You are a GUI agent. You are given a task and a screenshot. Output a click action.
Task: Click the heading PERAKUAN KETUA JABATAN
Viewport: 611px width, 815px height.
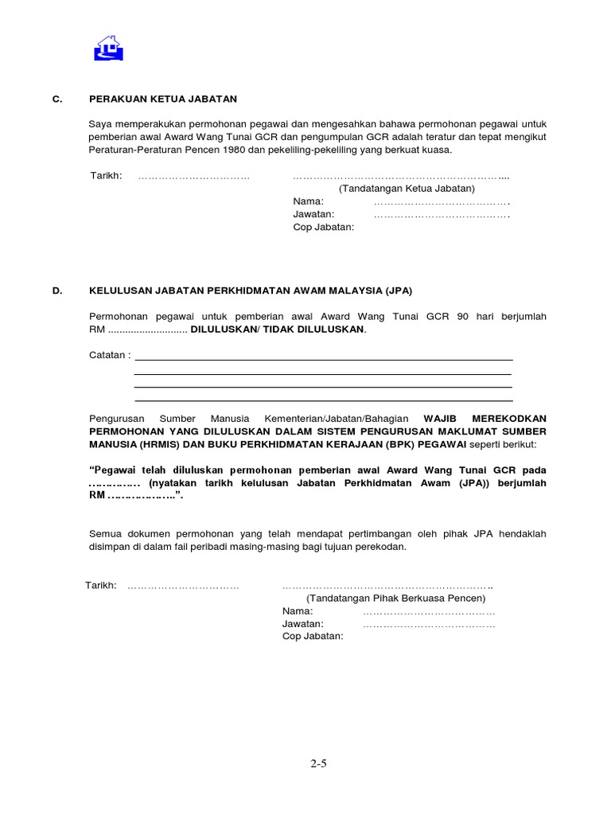(163, 99)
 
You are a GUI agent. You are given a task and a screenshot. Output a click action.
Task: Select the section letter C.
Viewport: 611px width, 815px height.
(56, 99)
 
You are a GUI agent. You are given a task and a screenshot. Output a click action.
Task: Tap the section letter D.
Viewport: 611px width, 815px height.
(56, 291)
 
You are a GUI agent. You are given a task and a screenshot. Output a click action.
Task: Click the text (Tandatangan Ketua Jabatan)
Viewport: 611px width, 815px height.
(406, 189)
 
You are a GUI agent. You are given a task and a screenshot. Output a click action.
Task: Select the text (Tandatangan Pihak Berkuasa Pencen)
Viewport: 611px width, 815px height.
(395, 598)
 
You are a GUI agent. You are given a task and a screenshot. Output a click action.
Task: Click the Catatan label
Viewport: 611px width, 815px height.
(109, 355)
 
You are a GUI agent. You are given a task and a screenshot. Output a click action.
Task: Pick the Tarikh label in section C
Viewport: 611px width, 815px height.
(106, 176)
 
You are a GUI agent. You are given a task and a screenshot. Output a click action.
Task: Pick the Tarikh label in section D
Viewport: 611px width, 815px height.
(101, 585)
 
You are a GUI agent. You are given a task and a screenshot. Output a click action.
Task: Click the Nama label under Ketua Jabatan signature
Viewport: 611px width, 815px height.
(308, 201)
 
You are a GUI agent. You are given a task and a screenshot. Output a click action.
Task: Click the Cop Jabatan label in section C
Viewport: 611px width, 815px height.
(323, 227)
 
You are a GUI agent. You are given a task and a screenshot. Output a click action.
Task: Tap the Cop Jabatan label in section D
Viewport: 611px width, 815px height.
(312, 636)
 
